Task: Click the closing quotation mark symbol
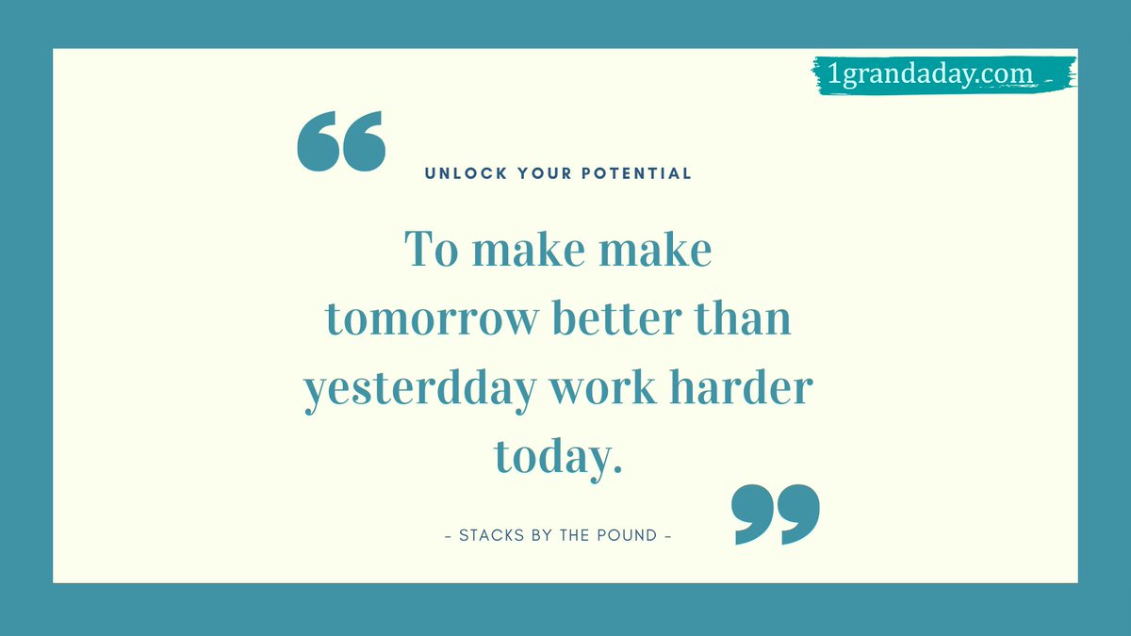click(776, 514)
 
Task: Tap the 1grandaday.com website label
click(929, 73)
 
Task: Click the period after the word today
click(617, 469)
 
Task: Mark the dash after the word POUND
click(668, 535)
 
